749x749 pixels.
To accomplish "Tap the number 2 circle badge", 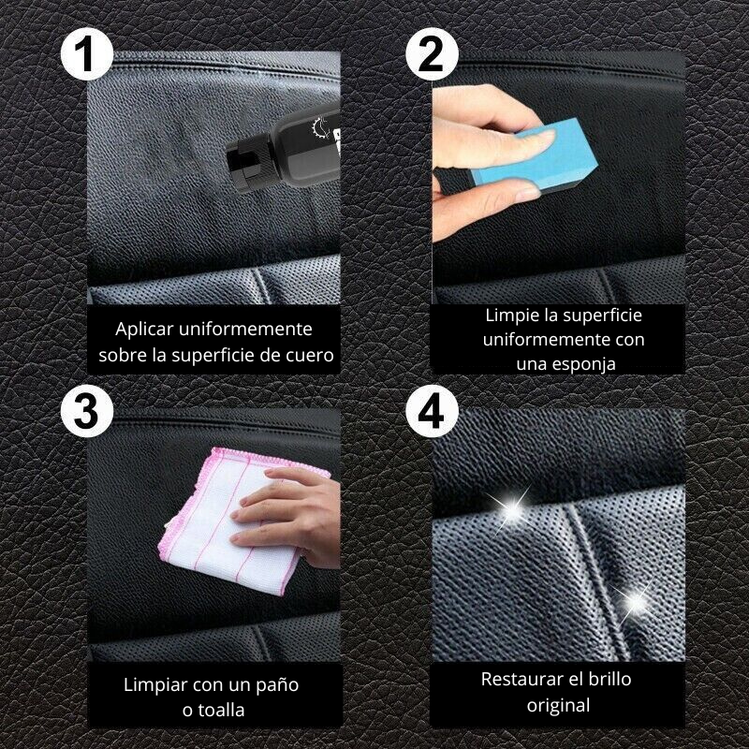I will pos(432,58).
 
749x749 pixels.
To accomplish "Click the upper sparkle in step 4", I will pos(512,508).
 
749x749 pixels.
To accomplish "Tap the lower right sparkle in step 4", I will pos(637,598).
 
